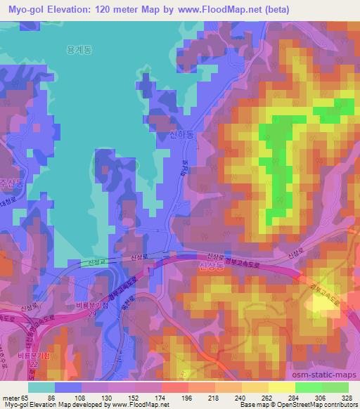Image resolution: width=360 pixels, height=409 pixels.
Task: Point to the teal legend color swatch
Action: (41, 387)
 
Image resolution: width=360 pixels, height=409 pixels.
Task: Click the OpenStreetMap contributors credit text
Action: (316, 405)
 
